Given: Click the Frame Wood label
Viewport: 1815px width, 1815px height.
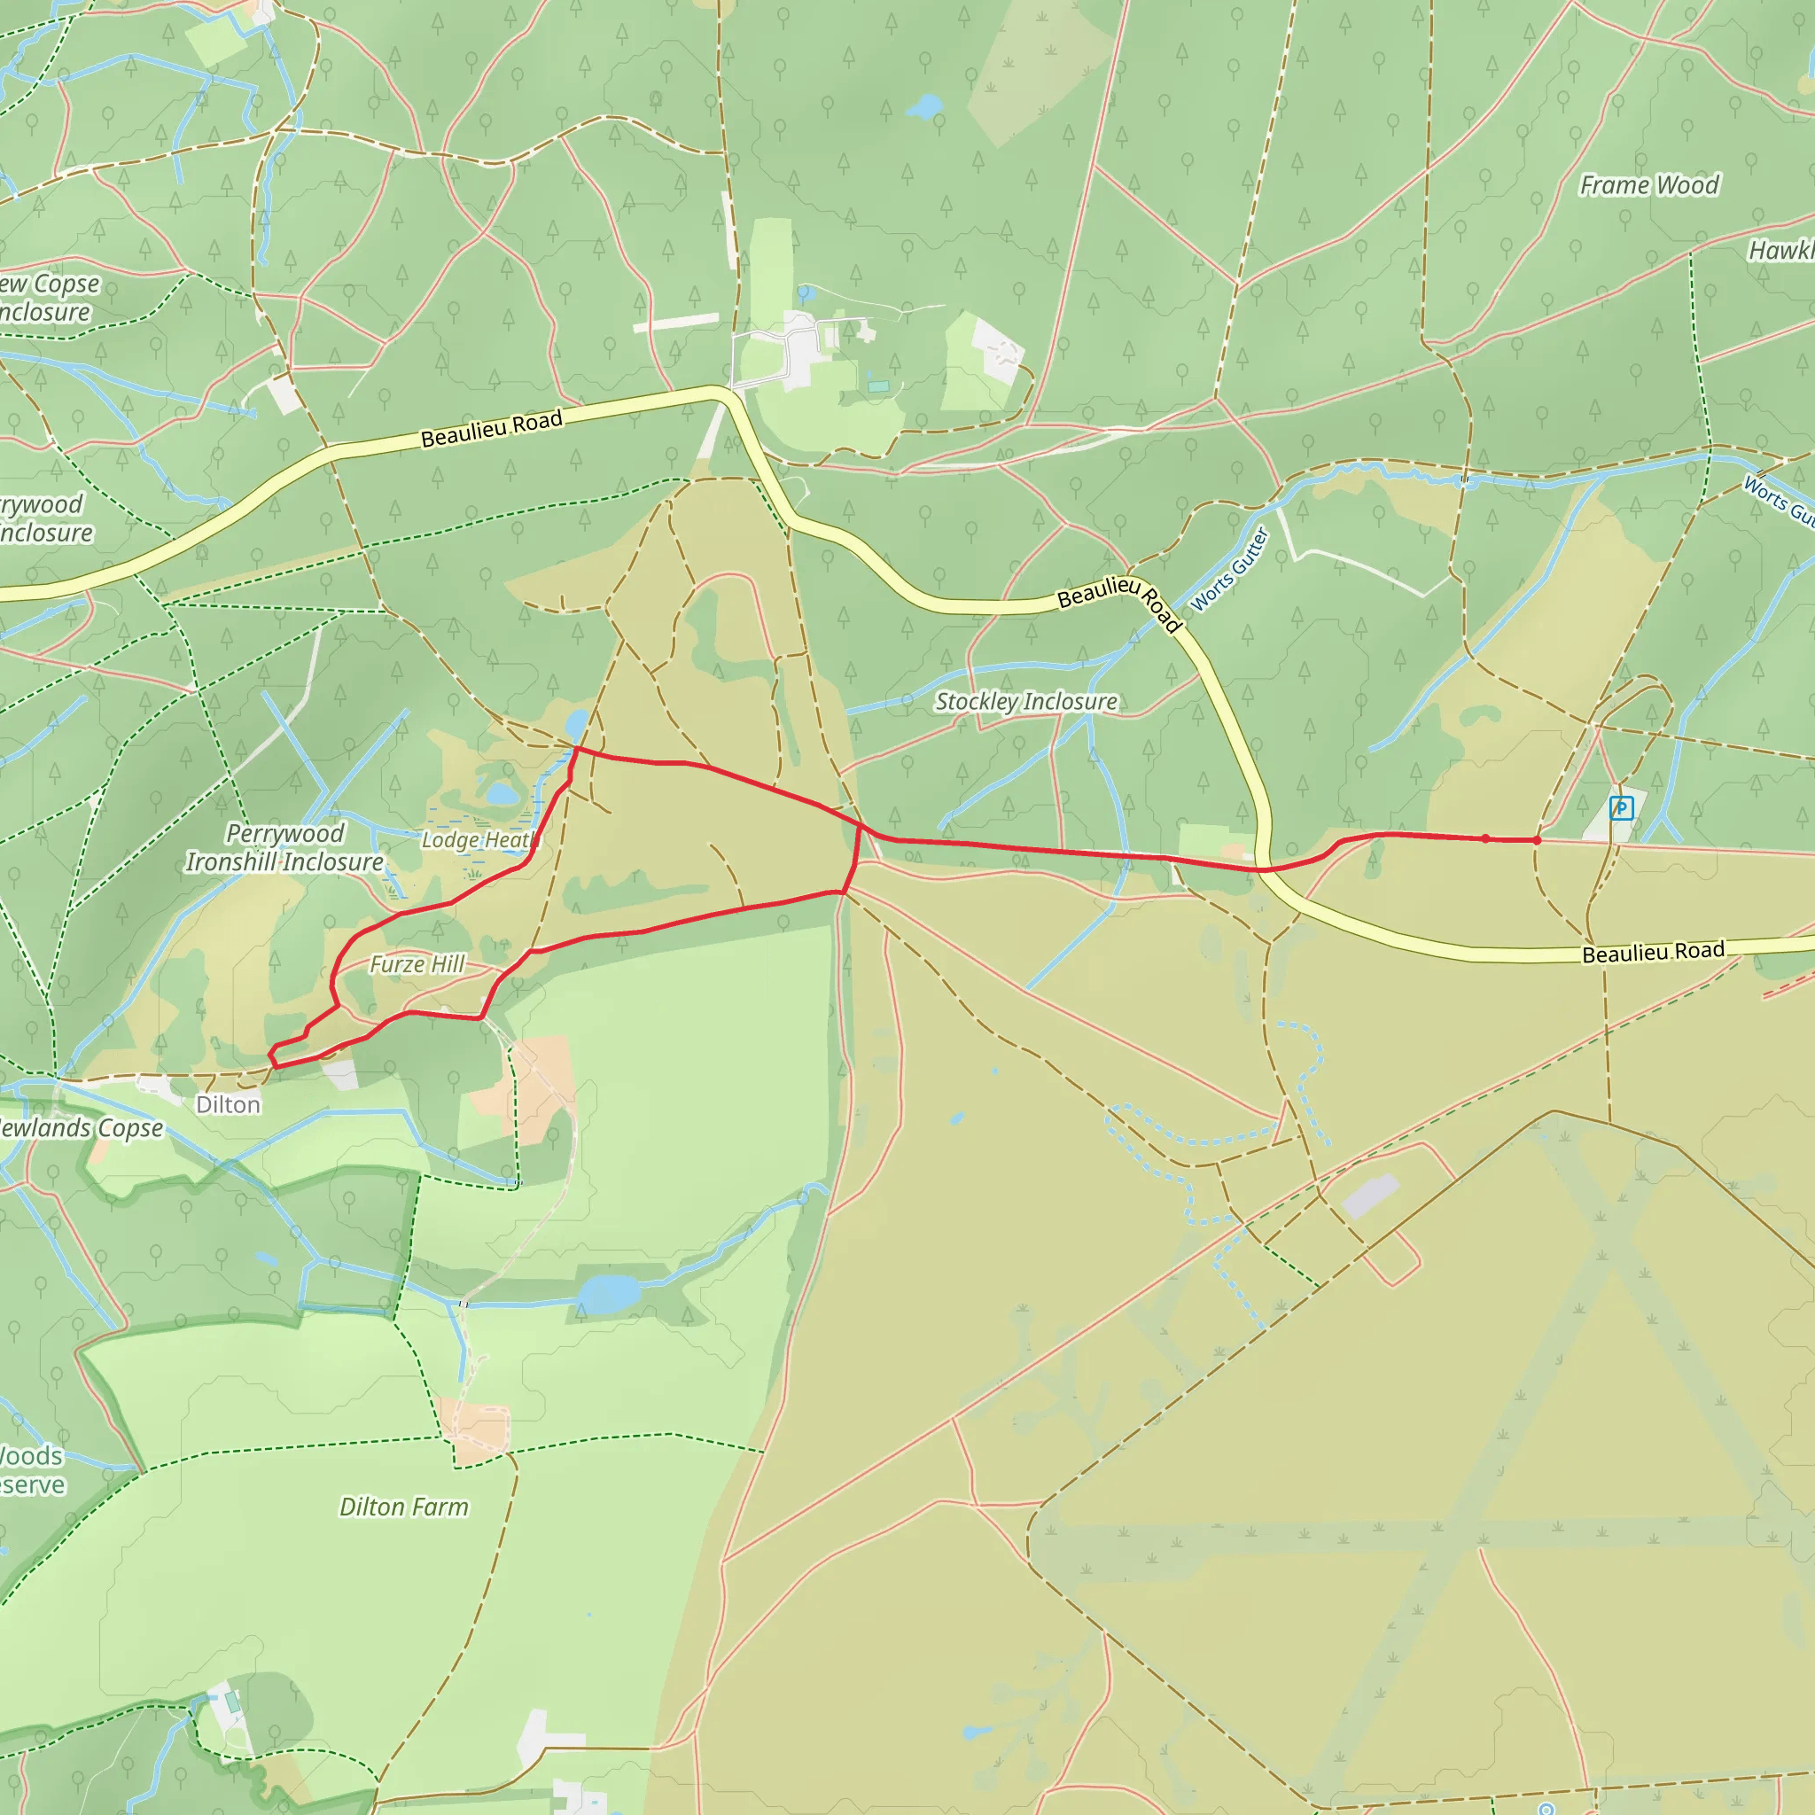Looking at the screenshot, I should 1648,185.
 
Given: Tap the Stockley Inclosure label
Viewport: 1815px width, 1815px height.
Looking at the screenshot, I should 1026,702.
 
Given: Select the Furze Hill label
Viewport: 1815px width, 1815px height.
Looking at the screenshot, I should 417,965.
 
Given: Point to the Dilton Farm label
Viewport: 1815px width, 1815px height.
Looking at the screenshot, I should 403,1507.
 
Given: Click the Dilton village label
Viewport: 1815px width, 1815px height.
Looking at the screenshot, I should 229,1105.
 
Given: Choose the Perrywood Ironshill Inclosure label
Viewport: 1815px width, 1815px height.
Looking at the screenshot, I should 284,847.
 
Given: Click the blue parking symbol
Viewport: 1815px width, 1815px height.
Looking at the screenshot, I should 1622,807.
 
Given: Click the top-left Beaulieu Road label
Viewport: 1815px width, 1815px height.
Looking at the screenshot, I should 491,428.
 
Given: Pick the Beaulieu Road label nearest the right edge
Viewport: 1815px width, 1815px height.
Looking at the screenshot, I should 1654,953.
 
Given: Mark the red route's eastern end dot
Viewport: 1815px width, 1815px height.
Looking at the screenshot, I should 1537,840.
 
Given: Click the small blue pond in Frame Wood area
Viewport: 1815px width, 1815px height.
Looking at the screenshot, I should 925,106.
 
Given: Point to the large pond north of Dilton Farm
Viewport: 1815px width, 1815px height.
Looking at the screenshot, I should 609,1295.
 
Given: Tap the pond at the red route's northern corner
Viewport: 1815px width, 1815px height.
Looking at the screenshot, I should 577,725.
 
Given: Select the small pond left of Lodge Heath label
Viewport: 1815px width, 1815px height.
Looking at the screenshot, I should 502,795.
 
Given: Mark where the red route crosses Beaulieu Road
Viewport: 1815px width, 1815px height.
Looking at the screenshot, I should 1264,870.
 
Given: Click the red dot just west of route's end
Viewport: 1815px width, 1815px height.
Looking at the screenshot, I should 1485,838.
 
